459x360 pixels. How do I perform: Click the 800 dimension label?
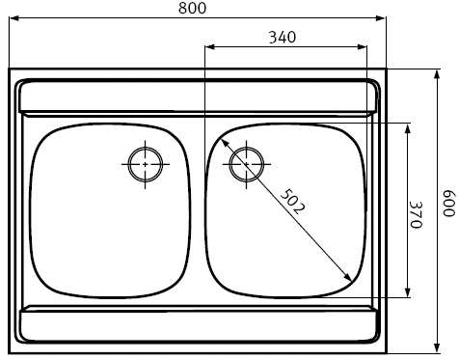(x=192, y=8)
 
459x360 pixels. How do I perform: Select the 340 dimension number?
(x=283, y=38)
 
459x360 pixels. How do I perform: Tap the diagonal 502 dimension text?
(x=292, y=202)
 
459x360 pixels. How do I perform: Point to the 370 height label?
(x=416, y=214)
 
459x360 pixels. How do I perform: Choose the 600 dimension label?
(x=449, y=204)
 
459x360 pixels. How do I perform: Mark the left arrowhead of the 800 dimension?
(x=13, y=18)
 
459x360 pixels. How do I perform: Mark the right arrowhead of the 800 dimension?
(x=381, y=18)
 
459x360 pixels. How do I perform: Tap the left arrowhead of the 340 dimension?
(x=209, y=47)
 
